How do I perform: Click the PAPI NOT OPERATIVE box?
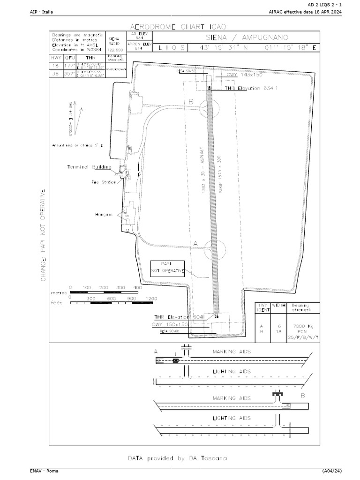[167, 268]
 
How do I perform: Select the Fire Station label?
[103, 182]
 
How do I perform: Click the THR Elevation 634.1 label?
[248, 88]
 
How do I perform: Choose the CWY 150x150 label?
[170, 324]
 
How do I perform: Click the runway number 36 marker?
[216, 316]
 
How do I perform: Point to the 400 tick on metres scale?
[137, 287]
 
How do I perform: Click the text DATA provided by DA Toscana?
[178, 457]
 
